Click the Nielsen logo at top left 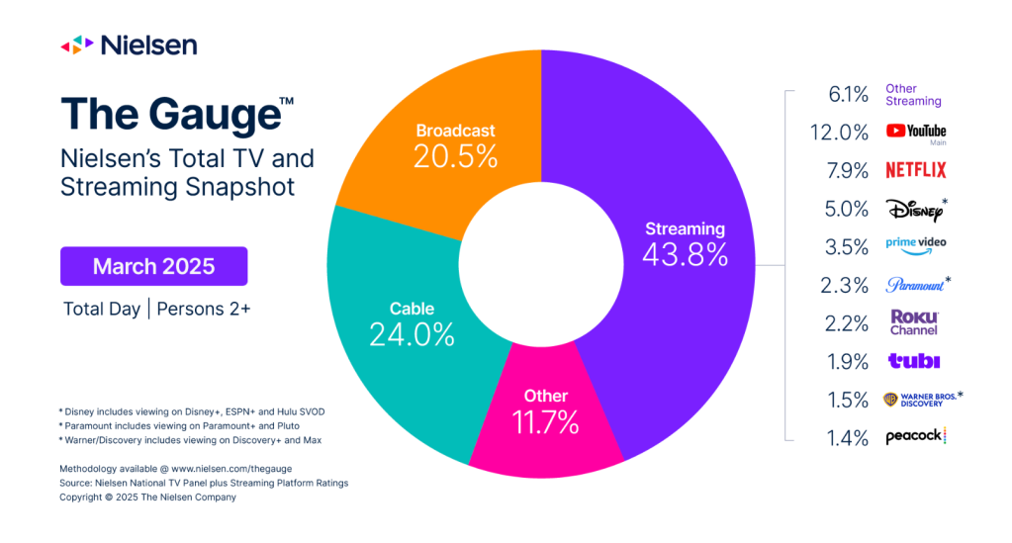(x=129, y=45)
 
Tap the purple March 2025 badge (x=153, y=266)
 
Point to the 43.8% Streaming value (x=685, y=254)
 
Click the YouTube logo (x=916, y=132)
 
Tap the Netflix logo (x=916, y=170)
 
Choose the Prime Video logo (x=916, y=246)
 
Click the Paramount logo (x=915, y=285)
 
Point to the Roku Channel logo (x=914, y=322)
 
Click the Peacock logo (x=916, y=436)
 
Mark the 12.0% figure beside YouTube (x=846, y=132)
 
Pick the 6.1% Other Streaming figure (x=848, y=94)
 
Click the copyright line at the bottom (x=148, y=497)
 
